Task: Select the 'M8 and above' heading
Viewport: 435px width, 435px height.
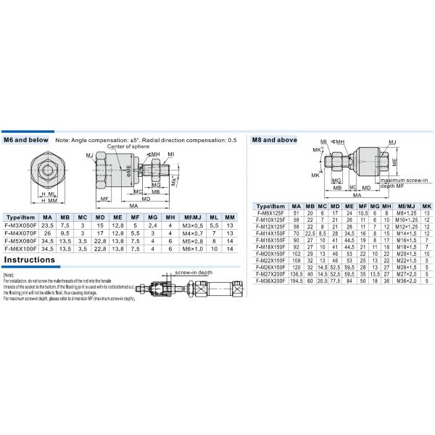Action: pos(273,140)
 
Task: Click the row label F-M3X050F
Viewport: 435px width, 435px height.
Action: pos(20,225)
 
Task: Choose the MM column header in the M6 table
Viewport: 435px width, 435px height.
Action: pos(230,217)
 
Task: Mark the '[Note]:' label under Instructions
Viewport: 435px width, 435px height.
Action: pos(9,276)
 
